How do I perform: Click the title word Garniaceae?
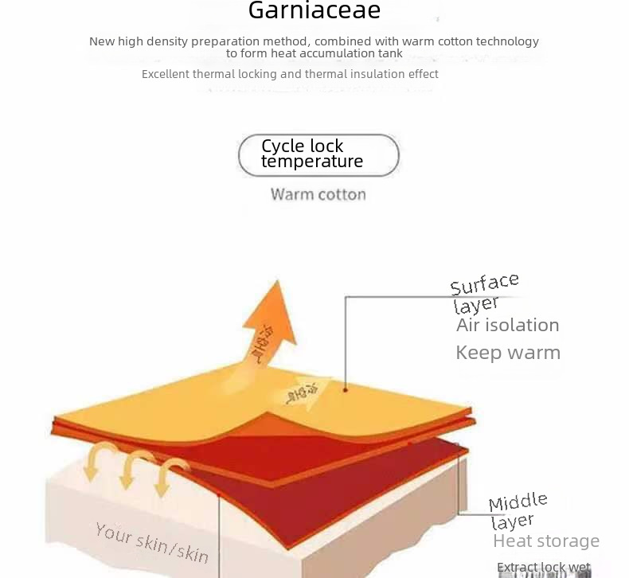coord(314,11)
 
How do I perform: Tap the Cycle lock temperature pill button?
coord(318,154)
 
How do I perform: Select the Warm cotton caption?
coord(318,194)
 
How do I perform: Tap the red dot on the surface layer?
coord(346,389)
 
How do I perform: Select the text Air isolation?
coord(507,325)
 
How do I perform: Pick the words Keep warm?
coord(507,353)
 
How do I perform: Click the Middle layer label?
coord(518,510)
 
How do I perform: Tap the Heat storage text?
coord(545,541)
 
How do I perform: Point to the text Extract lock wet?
coord(544,568)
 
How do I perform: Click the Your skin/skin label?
coord(151,542)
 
